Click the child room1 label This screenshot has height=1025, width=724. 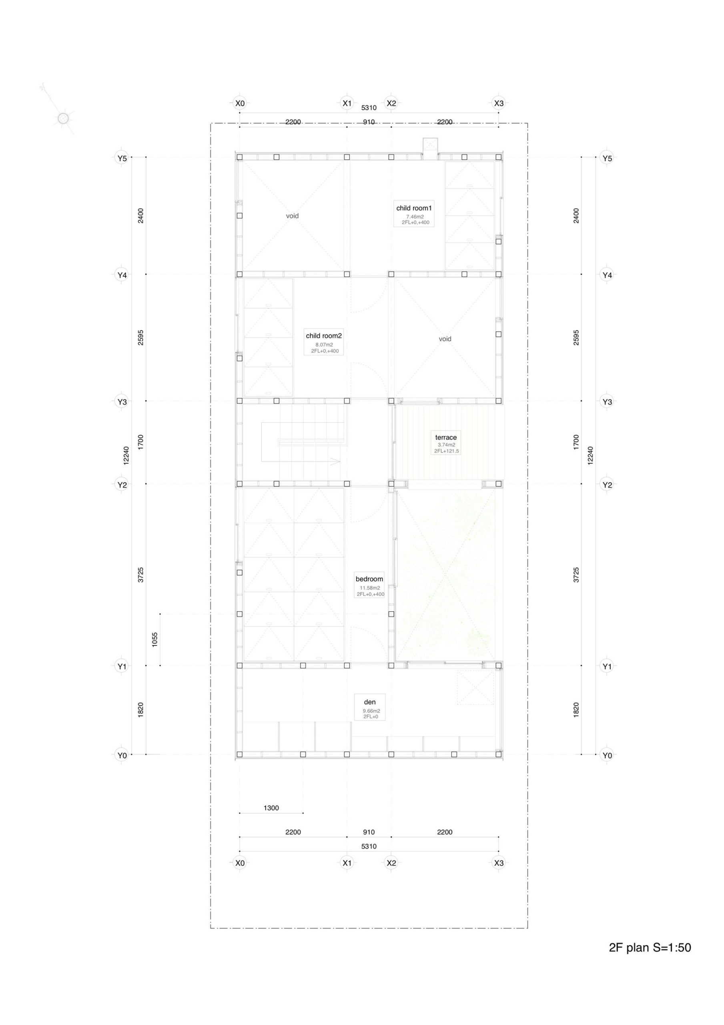pyautogui.click(x=414, y=208)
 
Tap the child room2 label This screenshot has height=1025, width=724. pyautogui.click(x=324, y=336)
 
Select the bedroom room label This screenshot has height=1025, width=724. pyautogui.click(x=369, y=579)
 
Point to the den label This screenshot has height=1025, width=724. pyautogui.click(x=369, y=702)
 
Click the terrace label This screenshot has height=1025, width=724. pyautogui.click(x=446, y=438)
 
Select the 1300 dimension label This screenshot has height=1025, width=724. pyautogui.click(x=271, y=808)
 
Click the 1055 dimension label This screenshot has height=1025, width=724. pyautogui.click(x=155, y=640)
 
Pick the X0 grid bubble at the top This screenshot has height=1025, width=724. pyautogui.click(x=240, y=104)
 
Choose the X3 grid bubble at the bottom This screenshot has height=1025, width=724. pyautogui.click(x=499, y=863)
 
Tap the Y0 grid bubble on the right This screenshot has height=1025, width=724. pyautogui.click(x=607, y=756)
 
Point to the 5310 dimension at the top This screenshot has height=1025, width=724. pyautogui.click(x=369, y=108)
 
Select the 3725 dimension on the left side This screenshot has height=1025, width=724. pyautogui.click(x=140, y=575)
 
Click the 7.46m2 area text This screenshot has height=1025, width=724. pyautogui.click(x=415, y=217)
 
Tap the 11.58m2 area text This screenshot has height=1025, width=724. pyautogui.click(x=370, y=587)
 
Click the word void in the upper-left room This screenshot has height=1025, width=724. pyautogui.click(x=293, y=216)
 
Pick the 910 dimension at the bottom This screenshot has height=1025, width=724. pyautogui.click(x=369, y=832)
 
